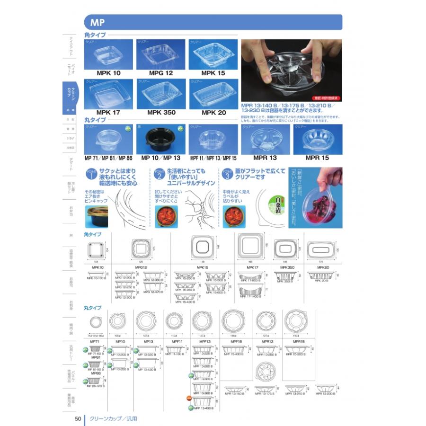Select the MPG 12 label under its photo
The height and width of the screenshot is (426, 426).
tap(161, 73)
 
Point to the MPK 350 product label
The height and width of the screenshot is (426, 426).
tap(161, 113)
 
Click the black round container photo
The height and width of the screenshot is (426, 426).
tap(161, 140)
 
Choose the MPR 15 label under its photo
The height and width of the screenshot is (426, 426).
tap(317, 158)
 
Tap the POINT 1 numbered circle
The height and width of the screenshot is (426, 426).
tap(91, 174)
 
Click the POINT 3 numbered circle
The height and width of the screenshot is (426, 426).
tap(227, 174)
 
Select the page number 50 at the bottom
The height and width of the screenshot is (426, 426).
tap(78, 418)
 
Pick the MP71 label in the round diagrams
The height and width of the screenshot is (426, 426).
tap(94, 341)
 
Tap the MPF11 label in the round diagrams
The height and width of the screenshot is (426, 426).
tap(177, 341)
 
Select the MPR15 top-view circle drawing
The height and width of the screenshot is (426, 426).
tap(298, 322)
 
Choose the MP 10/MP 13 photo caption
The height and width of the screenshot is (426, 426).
tap(161, 158)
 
